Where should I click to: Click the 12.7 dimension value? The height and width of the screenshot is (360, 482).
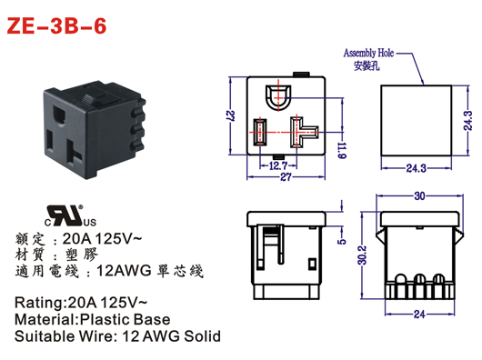click(278, 165)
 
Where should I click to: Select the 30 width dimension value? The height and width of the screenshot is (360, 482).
click(418, 195)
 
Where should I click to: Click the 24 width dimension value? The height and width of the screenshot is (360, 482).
click(419, 315)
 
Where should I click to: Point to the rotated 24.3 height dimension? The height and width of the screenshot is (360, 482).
click(467, 120)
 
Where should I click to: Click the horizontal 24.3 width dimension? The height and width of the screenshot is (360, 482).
click(417, 166)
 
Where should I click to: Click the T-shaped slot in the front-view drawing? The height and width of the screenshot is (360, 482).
click(297, 131)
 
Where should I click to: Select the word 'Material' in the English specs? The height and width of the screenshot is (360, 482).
click(45, 319)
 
